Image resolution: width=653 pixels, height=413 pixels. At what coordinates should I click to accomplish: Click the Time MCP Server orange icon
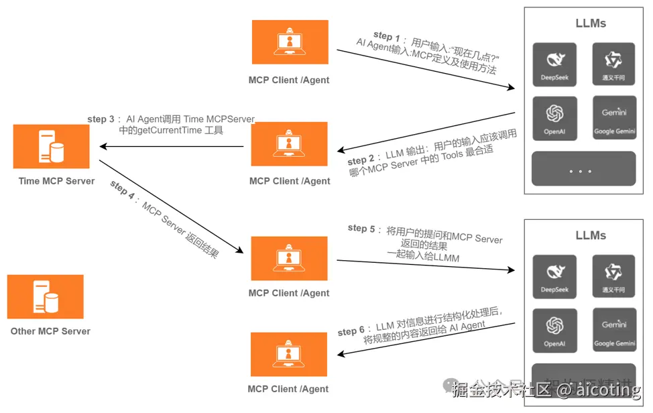pyautogui.click(x=51, y=145)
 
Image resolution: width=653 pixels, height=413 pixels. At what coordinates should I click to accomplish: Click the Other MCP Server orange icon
pyautogui.click(x=46, y=296)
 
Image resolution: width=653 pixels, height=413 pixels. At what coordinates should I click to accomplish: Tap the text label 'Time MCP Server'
pyautogui.click(x=56, y=181)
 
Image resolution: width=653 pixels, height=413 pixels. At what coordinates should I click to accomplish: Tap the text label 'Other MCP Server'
pyautogui.click(x=50, y=331)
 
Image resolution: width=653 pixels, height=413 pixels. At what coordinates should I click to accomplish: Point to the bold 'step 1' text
pyautogui.click(x=386, y=36)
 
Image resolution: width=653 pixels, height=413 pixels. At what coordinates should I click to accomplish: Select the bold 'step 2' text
pyautogui.click(x=361, y=161)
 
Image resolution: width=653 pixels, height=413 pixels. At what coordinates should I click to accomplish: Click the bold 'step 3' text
pyautogui.click(x=101, y=119)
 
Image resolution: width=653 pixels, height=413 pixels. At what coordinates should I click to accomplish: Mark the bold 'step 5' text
pyautogui.click(x=361, y=228)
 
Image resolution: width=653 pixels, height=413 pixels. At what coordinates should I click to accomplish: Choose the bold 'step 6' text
pyautogui.click(x=351, y=331)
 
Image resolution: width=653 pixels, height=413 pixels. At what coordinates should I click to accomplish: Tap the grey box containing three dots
pyautogui.click(x=583, y=169)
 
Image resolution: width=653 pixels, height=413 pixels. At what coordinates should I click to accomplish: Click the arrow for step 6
pyautogui.click(x=426, y=339)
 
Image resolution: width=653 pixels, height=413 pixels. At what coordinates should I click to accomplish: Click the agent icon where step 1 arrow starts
pyautogui.click(x=290, y=42)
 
